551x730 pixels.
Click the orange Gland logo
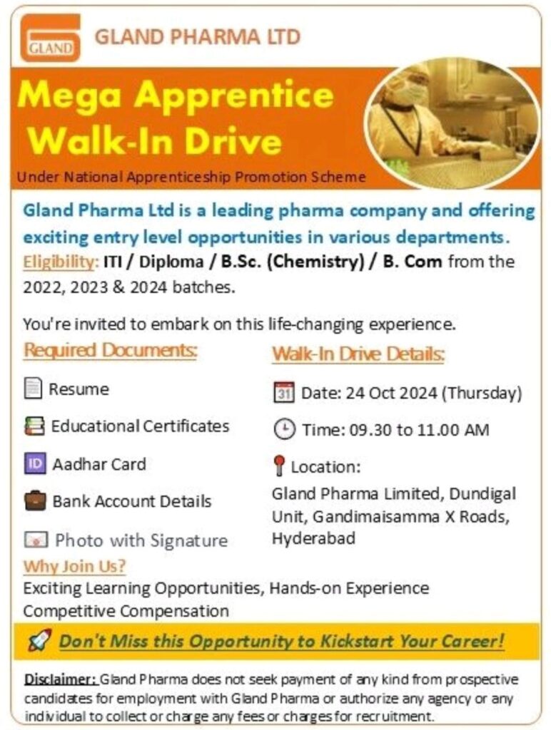click(x=50, y=37)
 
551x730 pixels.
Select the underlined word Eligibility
click(x=59, y=262)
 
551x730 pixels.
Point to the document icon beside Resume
click(x=33, y=389)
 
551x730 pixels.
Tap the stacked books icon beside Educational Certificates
click(x=34, y=426)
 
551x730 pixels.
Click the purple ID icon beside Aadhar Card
click(x=34, y=464)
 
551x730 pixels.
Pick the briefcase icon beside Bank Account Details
click(x=34, y=500)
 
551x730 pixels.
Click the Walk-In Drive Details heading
click(x=358, y=354)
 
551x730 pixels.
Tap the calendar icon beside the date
click(x=283, y=392)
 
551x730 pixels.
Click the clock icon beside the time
click(x=283, y=429)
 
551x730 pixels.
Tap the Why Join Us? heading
click(x=74, y=567)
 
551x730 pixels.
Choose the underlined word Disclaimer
click(x=60, y=679)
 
